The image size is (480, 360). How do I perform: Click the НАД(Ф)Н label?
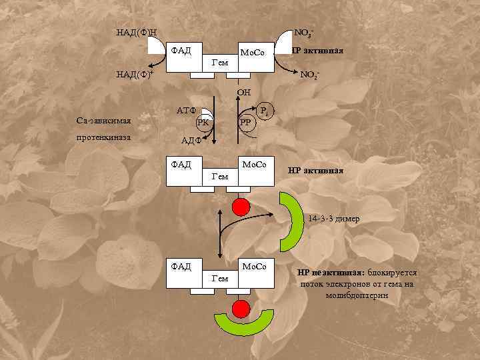136,32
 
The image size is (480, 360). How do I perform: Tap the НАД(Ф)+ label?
136,74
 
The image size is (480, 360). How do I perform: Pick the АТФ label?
185,111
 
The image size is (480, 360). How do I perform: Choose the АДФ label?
192,141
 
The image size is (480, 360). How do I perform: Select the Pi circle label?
264,111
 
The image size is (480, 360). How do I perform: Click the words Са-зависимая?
103,121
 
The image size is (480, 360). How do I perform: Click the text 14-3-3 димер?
333,219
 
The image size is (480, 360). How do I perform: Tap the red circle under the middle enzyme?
241,207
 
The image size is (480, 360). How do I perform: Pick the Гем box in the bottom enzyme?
220,279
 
